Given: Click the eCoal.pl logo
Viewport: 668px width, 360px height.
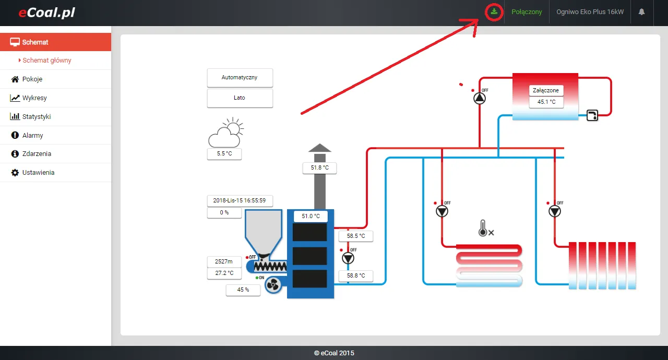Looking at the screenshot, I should [x=47, y=13].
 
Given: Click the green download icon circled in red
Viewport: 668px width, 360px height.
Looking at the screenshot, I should [x=493, y=12].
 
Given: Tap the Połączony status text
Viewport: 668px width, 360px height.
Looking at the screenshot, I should [x=527, y=12].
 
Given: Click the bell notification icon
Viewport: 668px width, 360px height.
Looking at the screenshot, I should [x=642, y=12].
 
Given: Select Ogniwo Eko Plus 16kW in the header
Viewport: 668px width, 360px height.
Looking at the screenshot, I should [x=590, y=12].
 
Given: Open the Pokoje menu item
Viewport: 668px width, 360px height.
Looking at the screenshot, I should [x=32, y=79].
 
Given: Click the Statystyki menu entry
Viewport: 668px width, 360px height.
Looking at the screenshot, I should [x=37, y=117].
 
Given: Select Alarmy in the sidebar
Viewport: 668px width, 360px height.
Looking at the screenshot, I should [x=32, y=136].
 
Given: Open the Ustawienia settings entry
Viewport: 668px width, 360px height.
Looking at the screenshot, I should [x=38, y=173].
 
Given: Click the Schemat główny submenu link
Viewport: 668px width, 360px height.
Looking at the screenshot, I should [x=47, y=61].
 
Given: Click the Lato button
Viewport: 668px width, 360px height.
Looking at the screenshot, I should [x=240, y=98].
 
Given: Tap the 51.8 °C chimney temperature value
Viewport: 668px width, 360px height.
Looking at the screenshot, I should [x=319, y=168].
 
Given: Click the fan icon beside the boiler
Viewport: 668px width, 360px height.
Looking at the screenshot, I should [x=273, y=284].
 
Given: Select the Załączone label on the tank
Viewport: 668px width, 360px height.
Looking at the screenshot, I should [x=546, y=91].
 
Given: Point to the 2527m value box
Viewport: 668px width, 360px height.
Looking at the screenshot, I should [x=224, y=261].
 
